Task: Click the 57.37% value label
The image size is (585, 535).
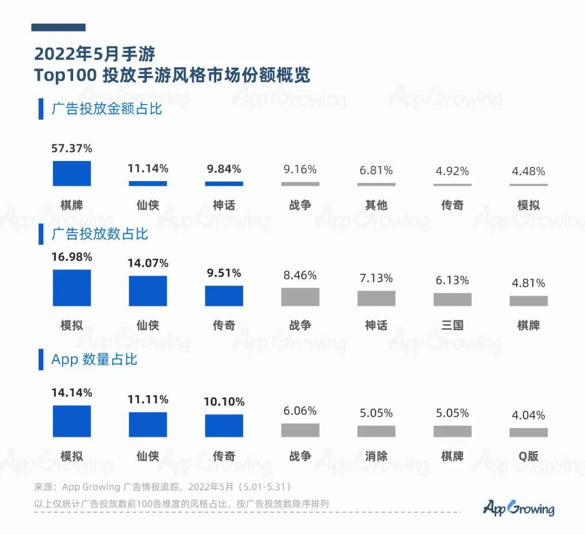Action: click(x=71, y=148)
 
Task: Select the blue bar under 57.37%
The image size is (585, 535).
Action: click(x=71, y=173)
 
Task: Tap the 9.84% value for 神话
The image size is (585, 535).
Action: click(x=224, y=169)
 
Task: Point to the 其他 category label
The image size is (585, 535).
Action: click(x=376, y=205)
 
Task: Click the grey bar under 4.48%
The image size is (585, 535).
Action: click(x=528, y=185)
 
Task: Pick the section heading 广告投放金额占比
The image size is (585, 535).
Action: click(x=107, y=108)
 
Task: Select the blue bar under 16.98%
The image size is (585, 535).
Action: click(x=71, y=288)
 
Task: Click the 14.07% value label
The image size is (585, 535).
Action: click(x=148, y=263)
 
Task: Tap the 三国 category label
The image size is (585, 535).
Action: click(x=452, y=325)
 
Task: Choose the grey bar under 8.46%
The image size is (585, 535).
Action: click(x=300, y=297)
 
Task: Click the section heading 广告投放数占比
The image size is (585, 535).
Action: click(x=100, y=234)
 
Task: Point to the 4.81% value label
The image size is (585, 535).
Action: click(x=528, y=283)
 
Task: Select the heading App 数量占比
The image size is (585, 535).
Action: click(x=94, y=359)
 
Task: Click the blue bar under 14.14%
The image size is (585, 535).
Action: click(x=71, y=421)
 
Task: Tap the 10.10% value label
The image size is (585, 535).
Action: click(x=224, y=402)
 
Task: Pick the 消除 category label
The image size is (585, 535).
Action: click(x=376, y=456)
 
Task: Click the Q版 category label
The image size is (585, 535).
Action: click(x=528, y=456)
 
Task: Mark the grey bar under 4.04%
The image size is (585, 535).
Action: click(x=528, y=433)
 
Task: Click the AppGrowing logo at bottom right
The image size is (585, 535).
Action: click(x=518, y=508)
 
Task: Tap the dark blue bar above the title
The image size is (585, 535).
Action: click(x=58, y=27)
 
